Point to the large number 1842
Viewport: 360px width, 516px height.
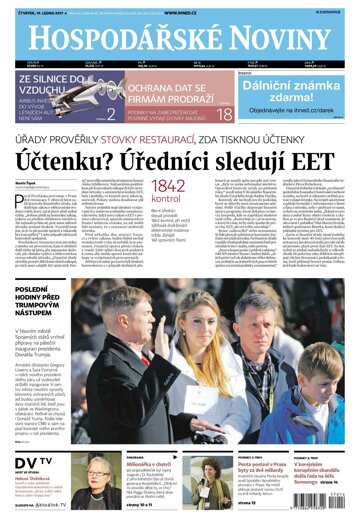(x=170, y=186)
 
